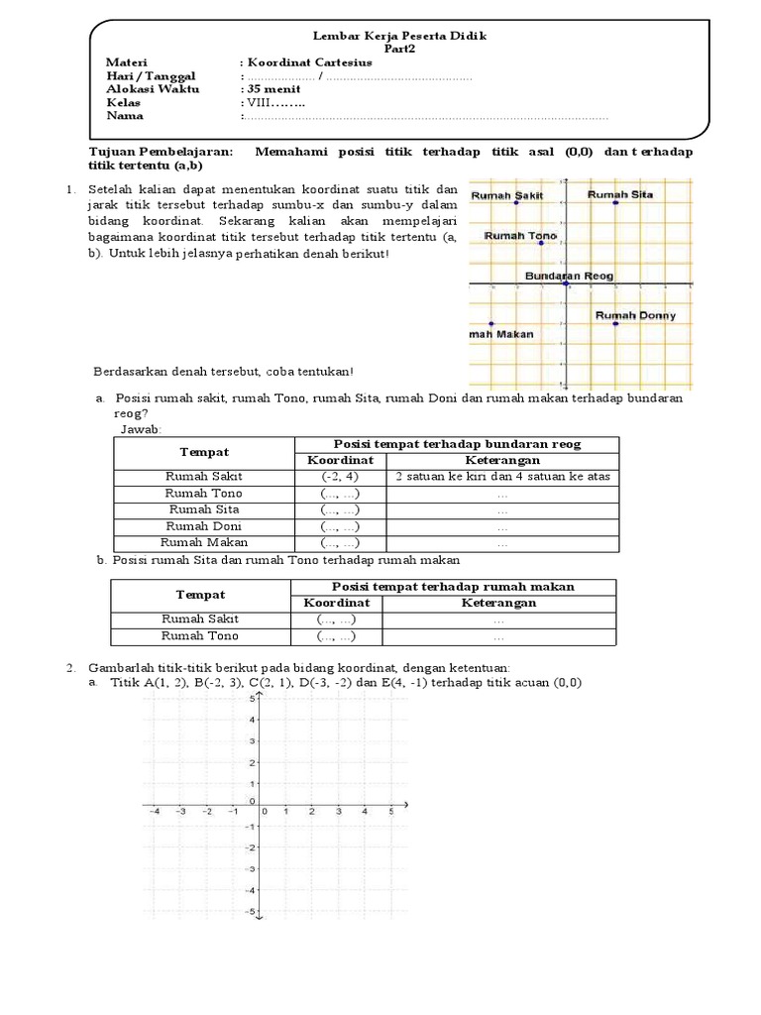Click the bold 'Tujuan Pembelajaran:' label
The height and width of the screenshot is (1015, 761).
[x=163, y=152]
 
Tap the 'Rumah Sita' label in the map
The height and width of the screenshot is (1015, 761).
[x=620, y=194]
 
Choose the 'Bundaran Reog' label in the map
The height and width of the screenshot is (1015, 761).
[x=569, y=275]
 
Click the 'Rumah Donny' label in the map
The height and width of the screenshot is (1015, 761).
[x=635, y=315]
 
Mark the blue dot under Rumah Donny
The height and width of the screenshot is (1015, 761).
[x=615, y=324]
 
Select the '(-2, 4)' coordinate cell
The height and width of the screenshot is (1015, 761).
[x=339, y=477]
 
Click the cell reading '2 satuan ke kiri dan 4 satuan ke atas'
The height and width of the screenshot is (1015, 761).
[x=502, y=477]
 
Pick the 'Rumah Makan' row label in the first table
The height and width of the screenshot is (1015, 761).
[x=204, y=543]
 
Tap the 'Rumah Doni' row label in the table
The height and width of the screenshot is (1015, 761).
[x=204, y=526]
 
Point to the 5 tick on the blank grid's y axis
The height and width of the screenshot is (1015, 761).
[x=252, y=699]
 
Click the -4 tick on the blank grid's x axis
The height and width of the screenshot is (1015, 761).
[x=155, y=812]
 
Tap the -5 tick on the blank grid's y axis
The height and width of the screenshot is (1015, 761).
[x=251, y=911]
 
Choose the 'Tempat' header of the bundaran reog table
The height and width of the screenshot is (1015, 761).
[x=204, y=452]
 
